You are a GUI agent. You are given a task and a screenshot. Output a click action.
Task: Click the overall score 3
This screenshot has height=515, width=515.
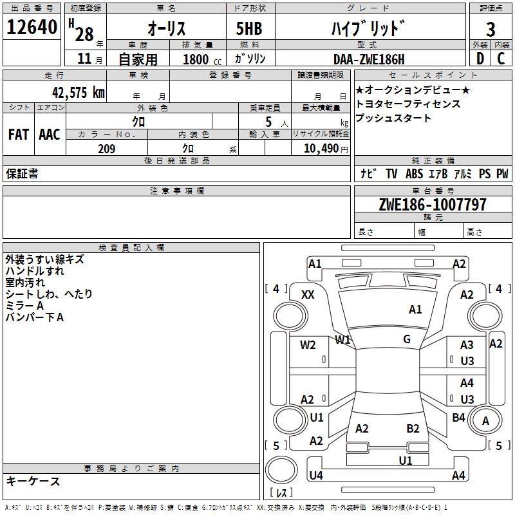pos(491,29)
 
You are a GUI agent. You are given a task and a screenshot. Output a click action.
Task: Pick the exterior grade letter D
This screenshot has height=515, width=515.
pos(480,59)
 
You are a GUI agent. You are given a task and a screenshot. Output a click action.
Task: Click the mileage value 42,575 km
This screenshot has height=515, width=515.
pos(71,92)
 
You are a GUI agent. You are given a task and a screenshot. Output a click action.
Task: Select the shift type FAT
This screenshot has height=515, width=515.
pos(18,135)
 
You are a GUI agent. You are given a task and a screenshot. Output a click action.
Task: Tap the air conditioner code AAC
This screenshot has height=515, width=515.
pos(49,135)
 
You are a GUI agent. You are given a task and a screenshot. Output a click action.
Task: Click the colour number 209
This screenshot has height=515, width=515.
pos(106,149)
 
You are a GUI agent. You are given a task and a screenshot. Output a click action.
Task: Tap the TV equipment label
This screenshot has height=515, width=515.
pos(391,174)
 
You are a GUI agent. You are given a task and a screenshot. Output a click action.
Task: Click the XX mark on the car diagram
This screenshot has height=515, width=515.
pos(308,294)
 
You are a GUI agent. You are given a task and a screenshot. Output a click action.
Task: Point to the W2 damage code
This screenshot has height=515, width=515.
pos(308,344)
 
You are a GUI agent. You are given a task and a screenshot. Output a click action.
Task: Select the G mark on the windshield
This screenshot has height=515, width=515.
pos(406,339)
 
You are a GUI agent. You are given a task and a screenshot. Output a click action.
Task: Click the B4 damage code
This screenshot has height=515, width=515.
pos(458,418)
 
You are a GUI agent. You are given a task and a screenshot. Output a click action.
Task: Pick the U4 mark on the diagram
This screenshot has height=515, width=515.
pos(315,476)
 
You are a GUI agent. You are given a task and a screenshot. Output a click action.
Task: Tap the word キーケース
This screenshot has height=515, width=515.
pos(33,482)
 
